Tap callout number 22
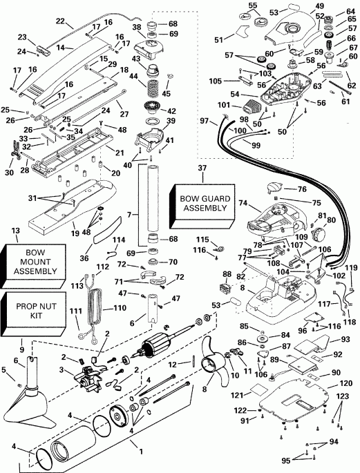coord(60,21)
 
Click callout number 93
coord(345,339)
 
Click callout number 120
coord(345,383)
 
